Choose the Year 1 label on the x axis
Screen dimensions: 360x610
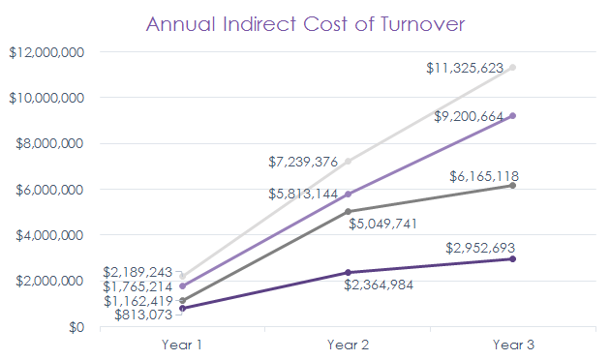[x=182, y=344]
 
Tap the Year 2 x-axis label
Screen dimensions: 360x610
[x=347, y=344]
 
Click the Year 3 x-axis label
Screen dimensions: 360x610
[x=512, y=344]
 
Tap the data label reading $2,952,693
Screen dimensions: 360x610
[x=484, y=247]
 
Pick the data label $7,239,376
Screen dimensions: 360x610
[x=303, y=163]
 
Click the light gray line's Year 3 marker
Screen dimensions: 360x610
[x=512, y=68]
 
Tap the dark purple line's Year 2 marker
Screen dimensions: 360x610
[x=347, y=273]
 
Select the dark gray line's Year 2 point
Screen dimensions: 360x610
[x=347, y=211]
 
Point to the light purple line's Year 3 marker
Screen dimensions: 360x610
[x=512, y=116]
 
